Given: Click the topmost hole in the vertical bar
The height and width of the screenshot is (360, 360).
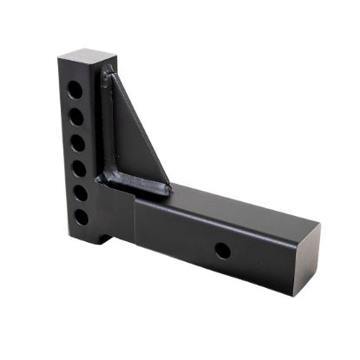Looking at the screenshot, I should (x=77, y=88).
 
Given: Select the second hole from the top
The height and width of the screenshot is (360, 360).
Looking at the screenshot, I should (x=77, y=115).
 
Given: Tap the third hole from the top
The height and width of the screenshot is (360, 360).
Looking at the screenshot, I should (x=78, y=141).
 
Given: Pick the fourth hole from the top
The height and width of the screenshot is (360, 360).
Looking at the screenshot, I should (x=79, y=167).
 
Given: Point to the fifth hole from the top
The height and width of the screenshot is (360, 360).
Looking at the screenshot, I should (x=80, y=192).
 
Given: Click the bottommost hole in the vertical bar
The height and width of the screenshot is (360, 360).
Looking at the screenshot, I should (x=81, y=216).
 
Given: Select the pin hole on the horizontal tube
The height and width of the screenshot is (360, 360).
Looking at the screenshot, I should (x=223, y=252).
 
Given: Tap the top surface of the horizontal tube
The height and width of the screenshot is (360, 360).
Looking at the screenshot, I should (x=226, y=204).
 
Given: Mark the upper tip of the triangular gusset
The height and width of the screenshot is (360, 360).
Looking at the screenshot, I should (x=107, y=76).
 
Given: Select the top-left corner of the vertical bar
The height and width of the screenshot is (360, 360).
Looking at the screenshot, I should (x=59, y=58).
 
